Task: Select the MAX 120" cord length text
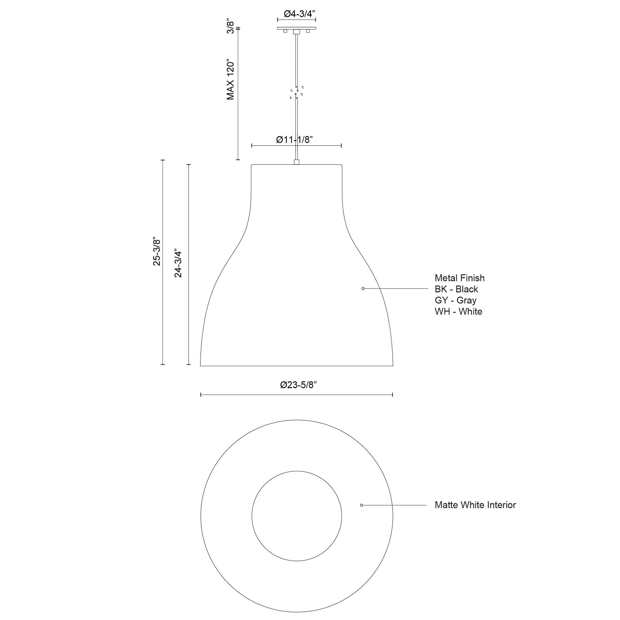[230, 79]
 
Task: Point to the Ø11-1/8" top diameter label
[294, 140]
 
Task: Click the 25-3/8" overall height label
[156, 252]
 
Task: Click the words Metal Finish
[459, 278]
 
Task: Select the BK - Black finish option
[456, 289]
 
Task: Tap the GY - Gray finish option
[455, 300]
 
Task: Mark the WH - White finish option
[458, 312]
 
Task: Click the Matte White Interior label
[475, 505]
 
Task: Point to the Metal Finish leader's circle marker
[363, 289]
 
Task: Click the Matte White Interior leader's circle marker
[361, 505]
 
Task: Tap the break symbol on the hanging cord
[297, 92]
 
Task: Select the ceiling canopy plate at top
[297, 28]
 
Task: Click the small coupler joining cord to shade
[297, 162]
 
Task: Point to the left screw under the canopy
[285, 31]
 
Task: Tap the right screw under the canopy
[308, 31]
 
